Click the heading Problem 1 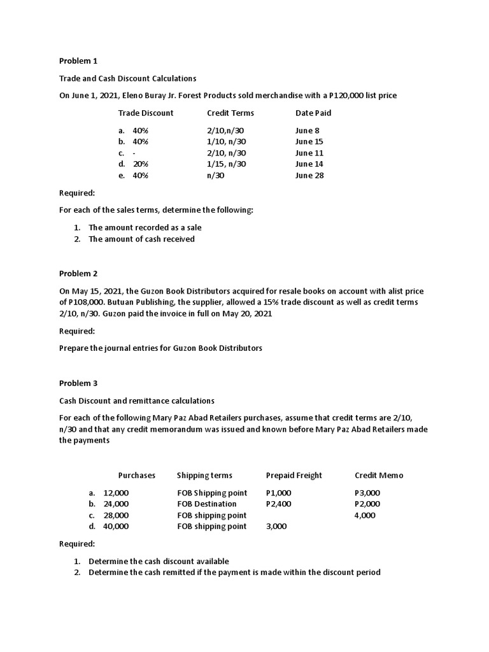(x=78, y=61)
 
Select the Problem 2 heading (x=78, y=273)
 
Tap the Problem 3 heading (x=78, y=383)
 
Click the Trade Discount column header (x=146, y=113)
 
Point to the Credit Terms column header (x=230, y=113)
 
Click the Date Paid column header (x=313, y=113)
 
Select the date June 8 (x=308, y=130)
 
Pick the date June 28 (x=309, y=176)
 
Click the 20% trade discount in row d (x=140, y=164)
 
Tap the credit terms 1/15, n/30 (x=227, y=164)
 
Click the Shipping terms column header (x=204, y=475)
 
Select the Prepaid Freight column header (x=294, y=475)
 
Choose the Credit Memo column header (x=379, y=475)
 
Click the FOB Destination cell (x=207, y=504)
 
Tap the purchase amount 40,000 (x=116, y=527)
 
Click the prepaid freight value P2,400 (x=279, y=504)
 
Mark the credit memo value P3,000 (x=367, y=492)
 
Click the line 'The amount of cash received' (x=141, y=239)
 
